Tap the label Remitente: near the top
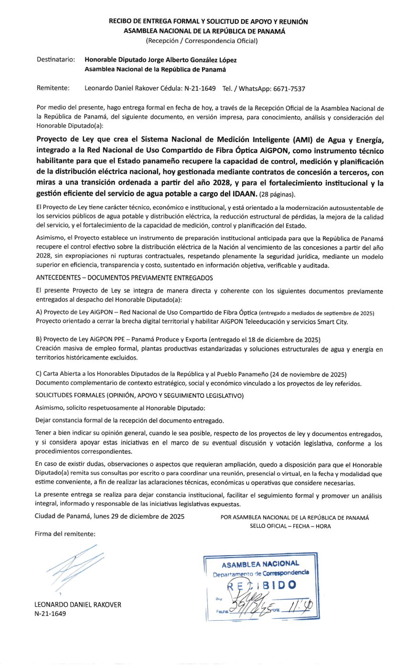[53, 88]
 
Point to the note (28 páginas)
[278, 195]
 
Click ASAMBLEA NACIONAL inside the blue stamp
[260, 564]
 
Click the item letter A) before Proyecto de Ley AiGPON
[39, 313]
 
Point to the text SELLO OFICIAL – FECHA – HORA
[290, 526]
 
